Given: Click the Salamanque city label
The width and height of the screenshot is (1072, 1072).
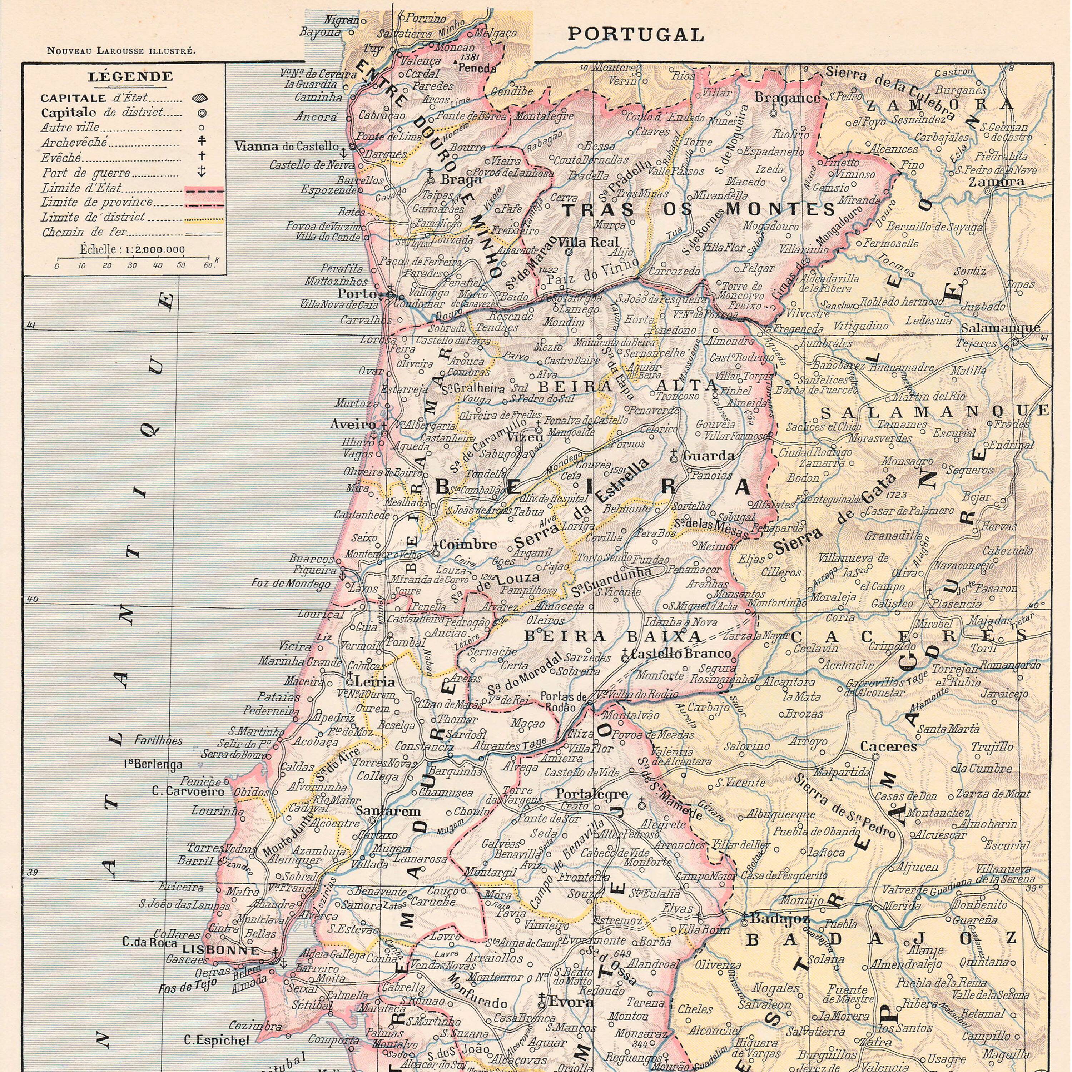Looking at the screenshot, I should tap(1001, 328).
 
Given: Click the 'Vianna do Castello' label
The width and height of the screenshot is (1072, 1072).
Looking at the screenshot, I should tap(286, 147).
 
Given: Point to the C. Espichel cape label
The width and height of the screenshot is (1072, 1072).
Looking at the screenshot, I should tap(217, 1040).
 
